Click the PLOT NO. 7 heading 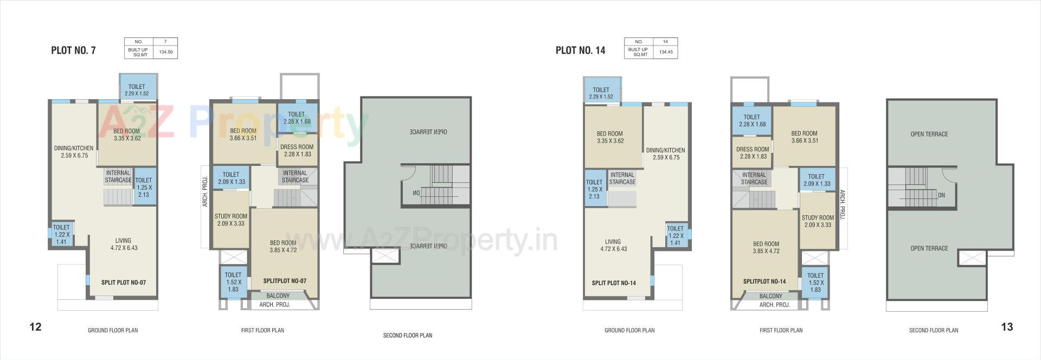click(73, 50)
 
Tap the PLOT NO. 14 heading click(580, 50)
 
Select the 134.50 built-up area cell click(166, 53)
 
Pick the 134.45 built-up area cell click(666, 53)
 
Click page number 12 click(35, 327)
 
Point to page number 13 click(1007, 327)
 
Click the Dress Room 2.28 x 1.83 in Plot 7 click(297, 150)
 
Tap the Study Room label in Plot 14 click(818, 221)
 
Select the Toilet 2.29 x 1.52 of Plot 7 click(137, 90)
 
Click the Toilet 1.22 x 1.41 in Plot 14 click(675, 236)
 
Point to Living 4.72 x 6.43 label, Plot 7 click(124, 244)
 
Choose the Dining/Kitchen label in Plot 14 click(665, 153)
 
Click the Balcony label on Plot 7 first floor click(278, 296)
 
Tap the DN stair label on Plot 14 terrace click(941, 195)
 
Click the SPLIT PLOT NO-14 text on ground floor click(614, 283)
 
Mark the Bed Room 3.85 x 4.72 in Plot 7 click(283, 247)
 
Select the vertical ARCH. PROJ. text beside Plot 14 click(842, 205)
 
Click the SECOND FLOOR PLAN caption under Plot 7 click(408, 336)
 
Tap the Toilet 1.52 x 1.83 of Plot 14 click(815, 282)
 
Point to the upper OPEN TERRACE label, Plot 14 click(929, 134)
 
